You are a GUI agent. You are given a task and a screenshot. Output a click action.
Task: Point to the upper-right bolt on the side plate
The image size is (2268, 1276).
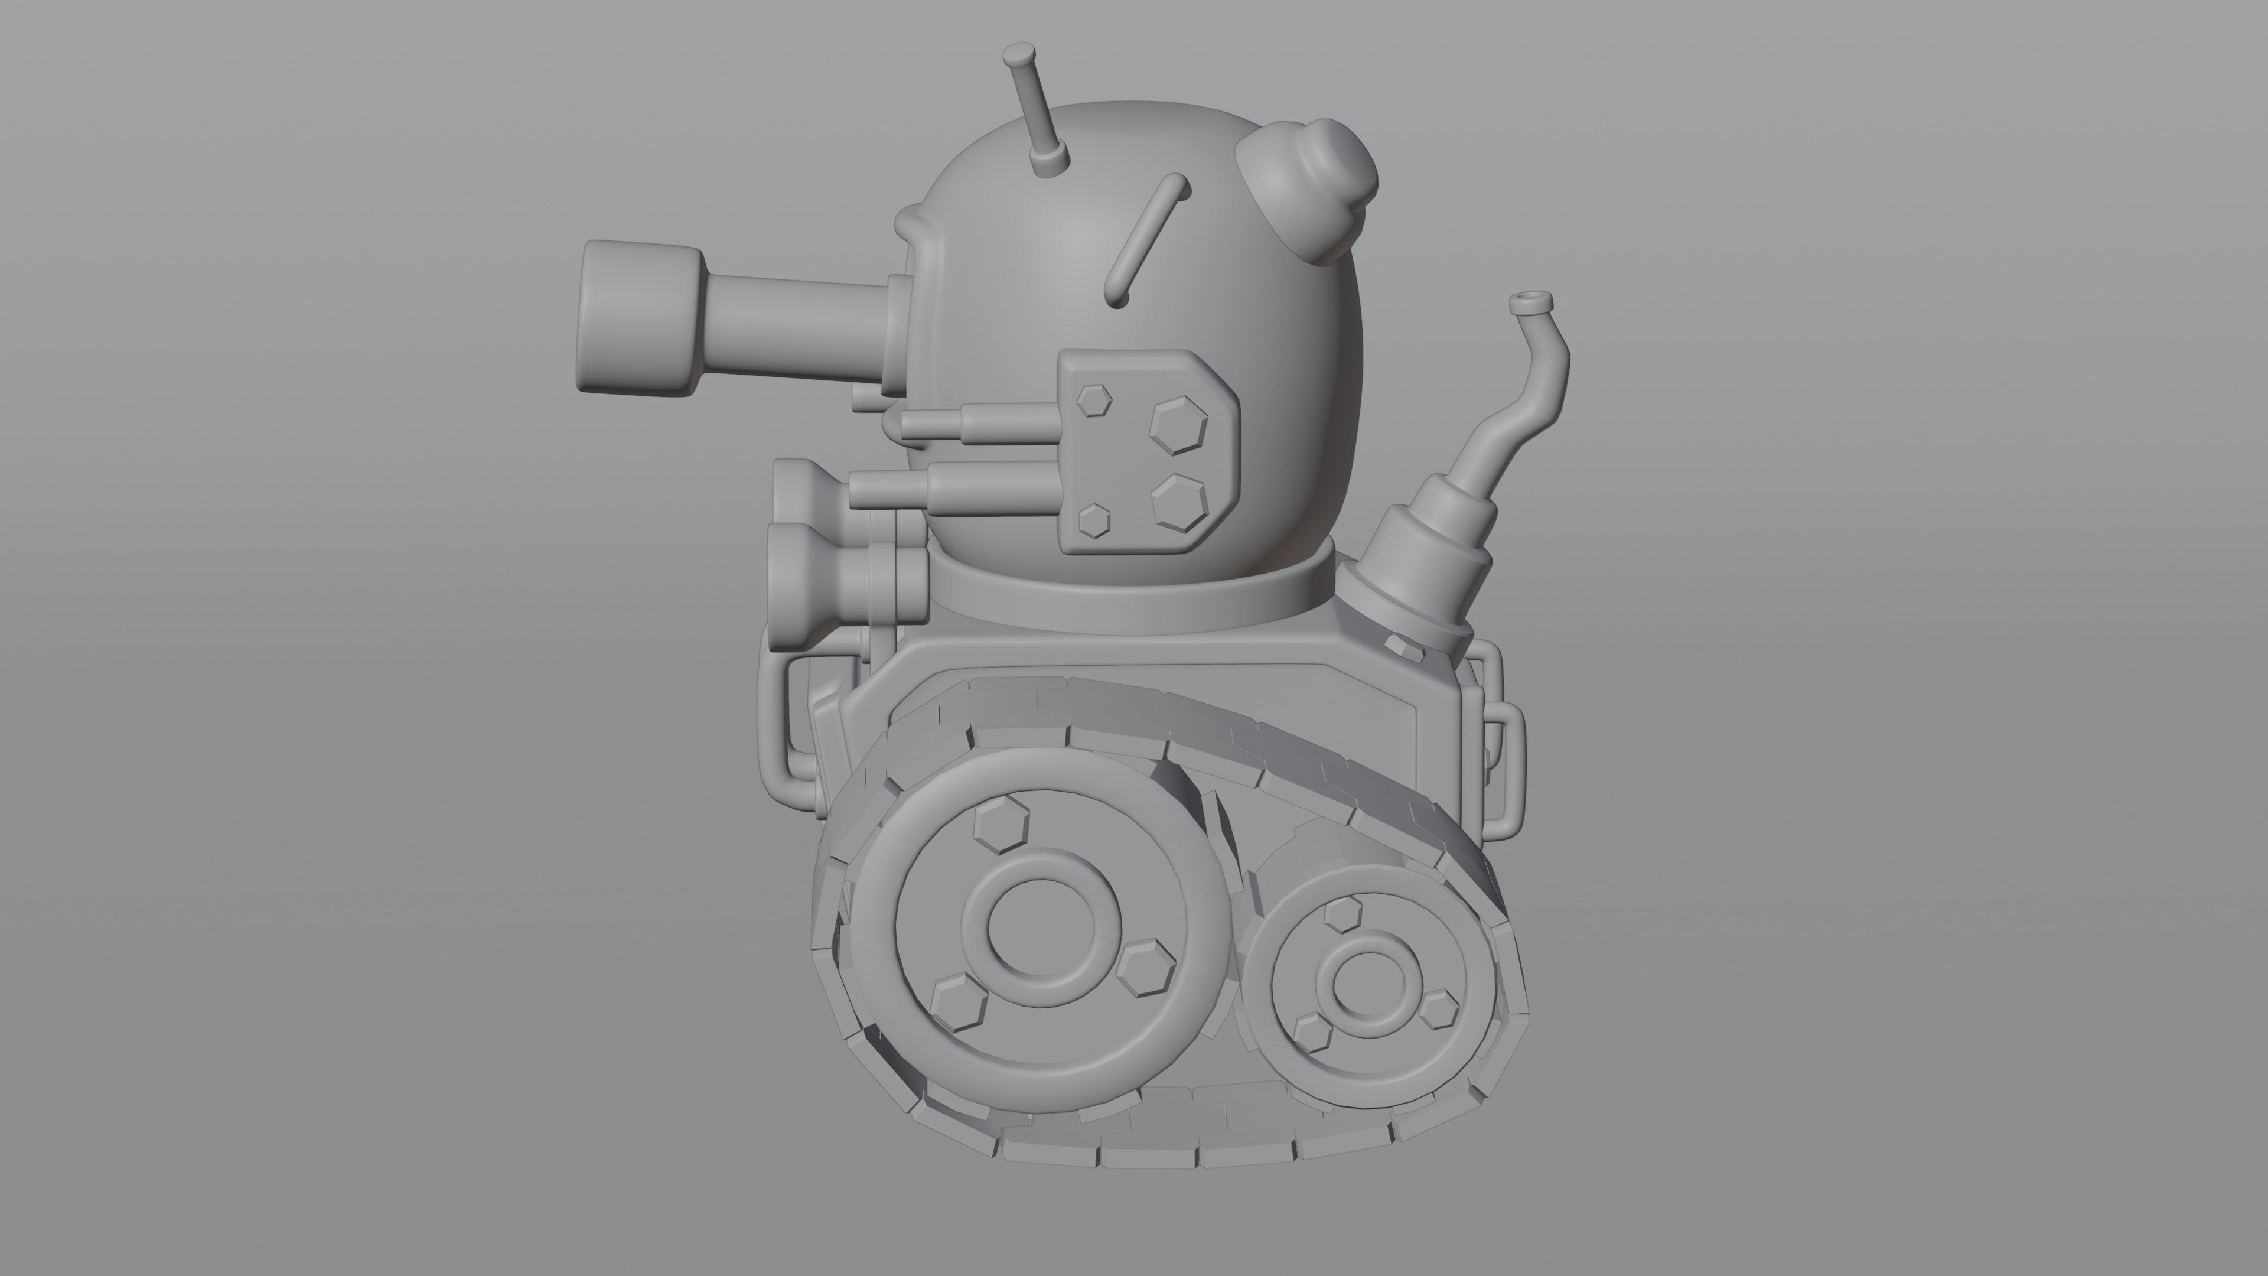pos(1179,425)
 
